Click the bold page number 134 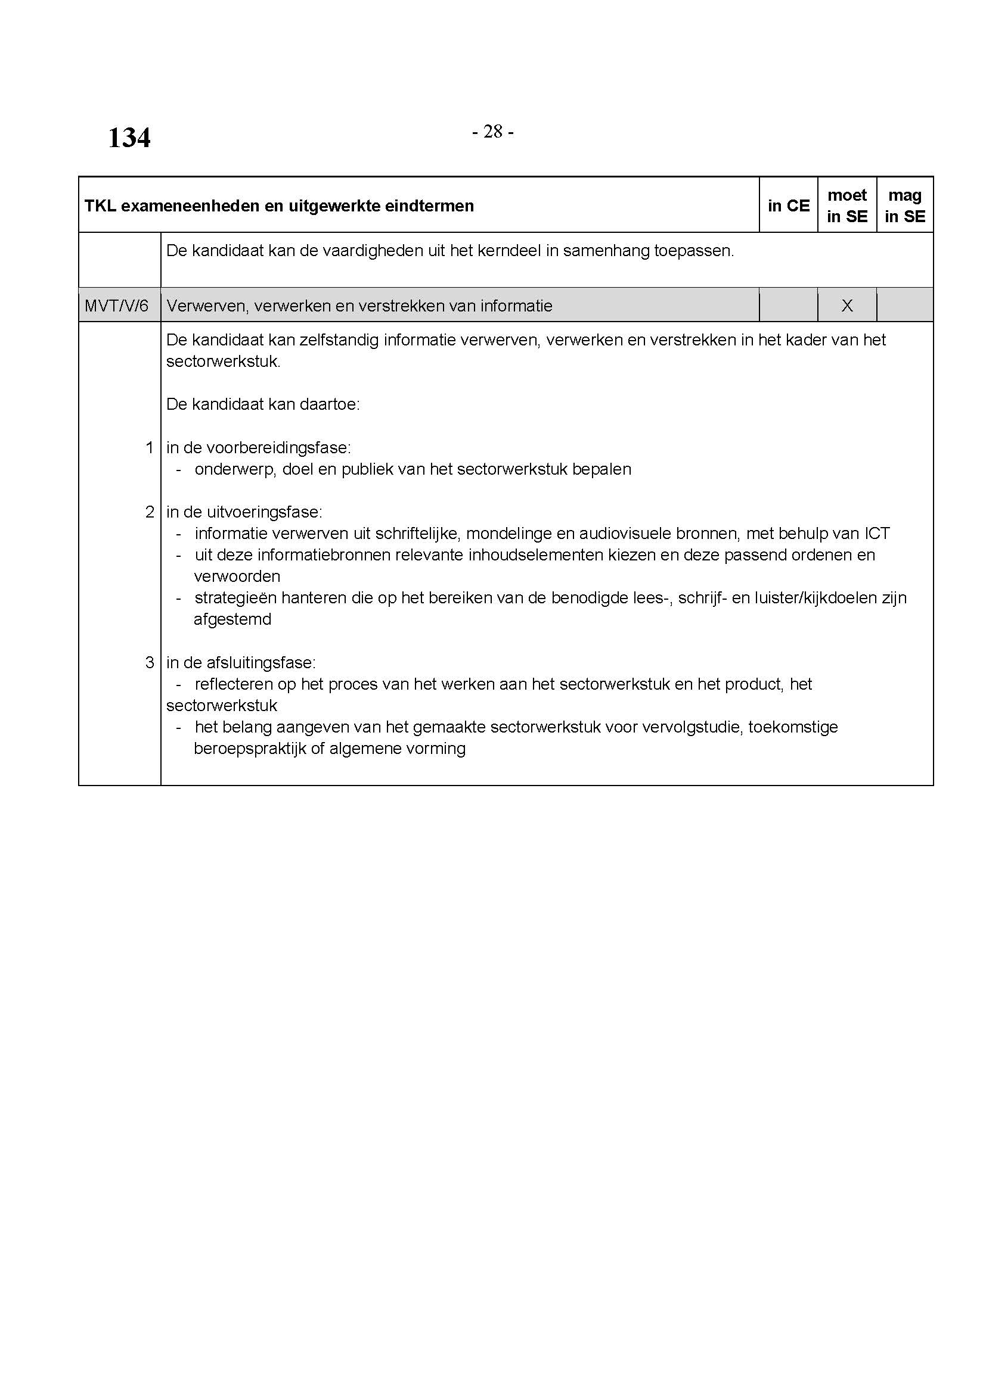click(129, 138)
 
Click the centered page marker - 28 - click(492, 132)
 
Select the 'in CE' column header click(788, 205)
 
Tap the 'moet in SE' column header click(847, 205)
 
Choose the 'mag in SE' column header click(905, 205)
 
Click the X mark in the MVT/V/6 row click(847, 306)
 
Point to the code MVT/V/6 click(117, 306)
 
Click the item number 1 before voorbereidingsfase click(150, 448)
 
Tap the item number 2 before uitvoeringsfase click(150, 512)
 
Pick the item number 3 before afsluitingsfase click(150, 662)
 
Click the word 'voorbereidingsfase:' click(278, 448)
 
